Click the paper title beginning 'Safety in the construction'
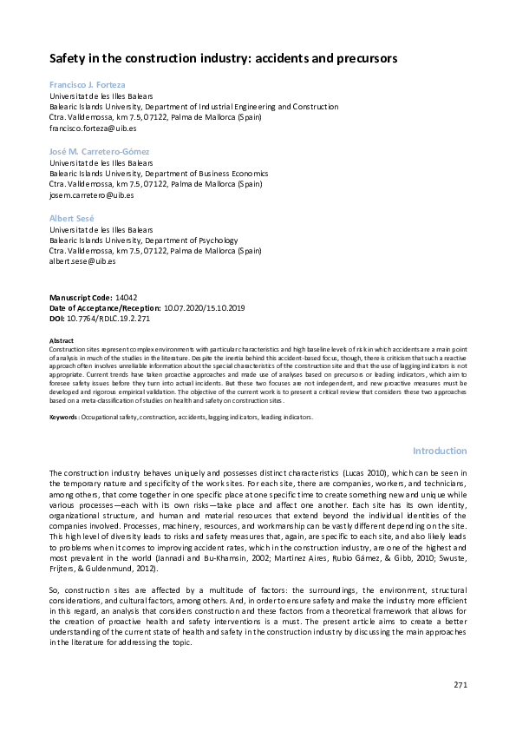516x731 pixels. [x=223, y=59]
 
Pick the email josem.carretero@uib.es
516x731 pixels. [x=92, y=194]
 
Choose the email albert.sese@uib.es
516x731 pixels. [x=83, y=261]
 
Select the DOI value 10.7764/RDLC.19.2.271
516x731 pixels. [x=114, y=318]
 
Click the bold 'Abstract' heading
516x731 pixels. [x=62, y=340]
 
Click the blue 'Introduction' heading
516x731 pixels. [x=440, y=451]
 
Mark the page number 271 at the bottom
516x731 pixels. [x=460, y=685]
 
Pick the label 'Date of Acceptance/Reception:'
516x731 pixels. [x=105, y=307]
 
